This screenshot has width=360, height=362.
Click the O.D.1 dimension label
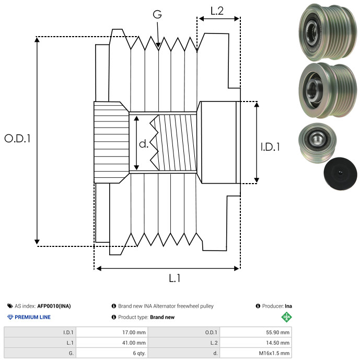pos(18,139)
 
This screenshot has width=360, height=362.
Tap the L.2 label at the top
pos(217,11)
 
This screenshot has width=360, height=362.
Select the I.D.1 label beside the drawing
pos(270,148)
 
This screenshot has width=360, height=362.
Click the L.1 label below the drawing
pos(175,278)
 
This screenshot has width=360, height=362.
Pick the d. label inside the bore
pos(144,143)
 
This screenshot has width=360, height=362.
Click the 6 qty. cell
pos(138,353)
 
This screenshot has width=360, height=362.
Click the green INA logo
pos(286,317)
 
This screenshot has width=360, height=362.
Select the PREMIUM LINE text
pos(33,317)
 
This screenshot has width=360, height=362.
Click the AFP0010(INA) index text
pos(54,306)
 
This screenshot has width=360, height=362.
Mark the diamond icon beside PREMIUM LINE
pos(10,317)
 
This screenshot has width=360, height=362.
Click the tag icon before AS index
pos(10,306)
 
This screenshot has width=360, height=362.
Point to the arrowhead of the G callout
pos(158,48)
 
